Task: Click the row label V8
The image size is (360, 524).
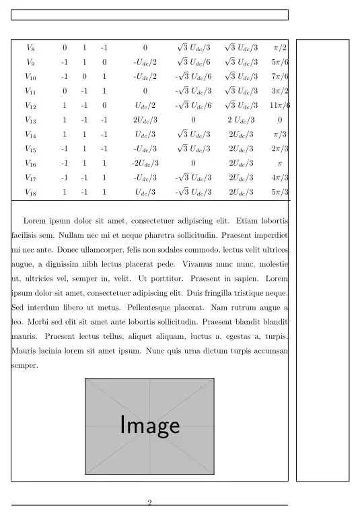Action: point(30,48)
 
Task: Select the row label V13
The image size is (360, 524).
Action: point(30,120)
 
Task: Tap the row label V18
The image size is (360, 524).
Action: point(30,193)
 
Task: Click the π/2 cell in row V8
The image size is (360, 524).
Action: point(280,48)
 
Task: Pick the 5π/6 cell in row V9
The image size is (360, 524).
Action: point(280,62)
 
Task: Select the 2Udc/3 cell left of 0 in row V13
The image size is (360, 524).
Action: point(145,120)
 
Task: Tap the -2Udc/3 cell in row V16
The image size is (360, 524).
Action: point(145,164)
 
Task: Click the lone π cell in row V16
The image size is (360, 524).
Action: point(280,164)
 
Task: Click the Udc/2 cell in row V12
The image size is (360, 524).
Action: point(145,106)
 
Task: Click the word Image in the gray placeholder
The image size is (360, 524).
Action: point(149,426)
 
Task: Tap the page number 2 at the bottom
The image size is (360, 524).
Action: point(149,502)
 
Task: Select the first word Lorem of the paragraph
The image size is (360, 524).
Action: point(35,220)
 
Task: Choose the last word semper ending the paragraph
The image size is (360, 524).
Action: point(25,366)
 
